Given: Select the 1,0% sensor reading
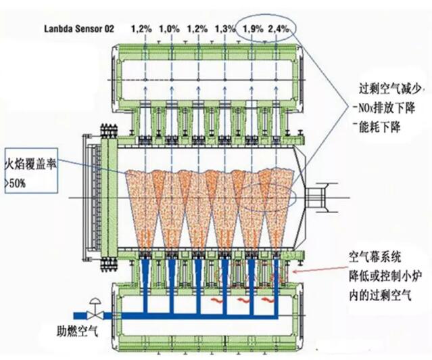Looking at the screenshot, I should tap(169, 28).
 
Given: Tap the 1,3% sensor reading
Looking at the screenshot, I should tap(225, 28).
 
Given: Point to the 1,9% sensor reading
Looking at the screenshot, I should tap(252, 28).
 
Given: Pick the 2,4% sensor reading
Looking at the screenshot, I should tap(279, 28).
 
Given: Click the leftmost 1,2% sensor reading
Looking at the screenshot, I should tap(141, 28).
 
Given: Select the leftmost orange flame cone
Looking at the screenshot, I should tap(143, 203).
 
